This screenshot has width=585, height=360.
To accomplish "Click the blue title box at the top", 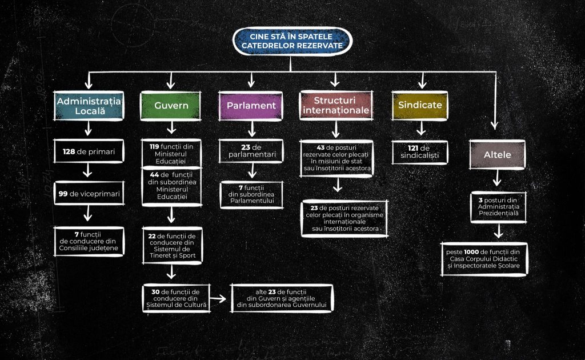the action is (x=292, y=41).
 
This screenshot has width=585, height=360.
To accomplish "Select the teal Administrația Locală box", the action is (x=89, y=106).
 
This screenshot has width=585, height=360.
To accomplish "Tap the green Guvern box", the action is (x=171, y=106).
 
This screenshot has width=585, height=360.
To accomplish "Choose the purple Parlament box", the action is (x=251, y=106).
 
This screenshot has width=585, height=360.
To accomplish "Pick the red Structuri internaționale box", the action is (x=336, y=106).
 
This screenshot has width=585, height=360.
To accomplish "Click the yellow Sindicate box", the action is (x=420, y=106).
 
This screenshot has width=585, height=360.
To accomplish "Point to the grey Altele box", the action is (x=498, y=154).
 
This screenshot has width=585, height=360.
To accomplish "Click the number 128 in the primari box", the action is (x=69, y=151).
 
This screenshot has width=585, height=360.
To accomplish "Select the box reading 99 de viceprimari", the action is (x=89, y=193).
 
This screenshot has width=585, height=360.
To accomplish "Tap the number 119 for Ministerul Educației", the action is (x=154, y=147).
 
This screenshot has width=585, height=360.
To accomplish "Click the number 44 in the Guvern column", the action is (x=154, y=175).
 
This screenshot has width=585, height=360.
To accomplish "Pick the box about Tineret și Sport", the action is (x=172, y=246).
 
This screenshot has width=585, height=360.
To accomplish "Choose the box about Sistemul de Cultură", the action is (x=176, y=298).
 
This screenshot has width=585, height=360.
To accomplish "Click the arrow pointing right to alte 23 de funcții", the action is (x=218, y=298).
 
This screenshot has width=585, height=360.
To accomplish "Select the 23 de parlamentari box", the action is (x=251, y=151).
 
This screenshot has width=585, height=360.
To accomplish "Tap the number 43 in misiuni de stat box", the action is (x=320, y=148).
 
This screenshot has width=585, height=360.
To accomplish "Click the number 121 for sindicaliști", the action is (x=413, y=148).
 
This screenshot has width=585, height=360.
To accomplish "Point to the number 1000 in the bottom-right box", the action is (x=471, y=252).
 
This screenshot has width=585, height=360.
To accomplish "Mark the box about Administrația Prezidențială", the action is (x=498, y=207).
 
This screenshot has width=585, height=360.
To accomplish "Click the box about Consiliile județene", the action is (x=89, y=241).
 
